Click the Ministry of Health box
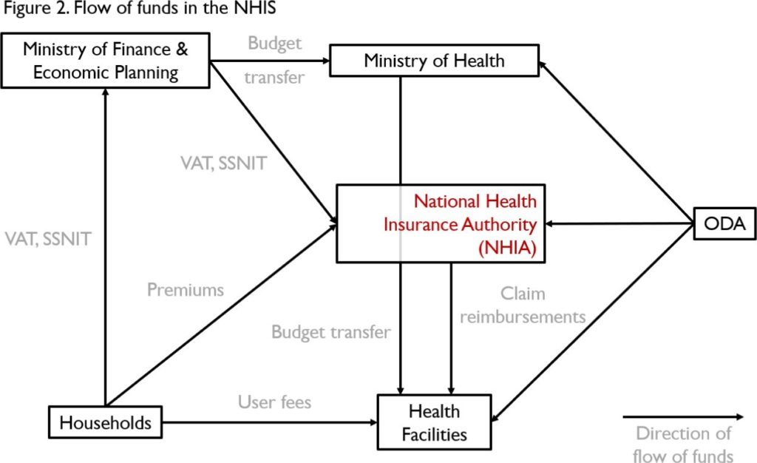coord(434,60)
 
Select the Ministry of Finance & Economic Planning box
coord(106,61)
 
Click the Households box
coord(105,422)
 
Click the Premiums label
coord(185,289)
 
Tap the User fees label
coord(274,402)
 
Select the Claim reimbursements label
coord(522,305)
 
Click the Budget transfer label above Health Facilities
coord(330,332)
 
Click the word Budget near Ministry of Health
coord(274,44)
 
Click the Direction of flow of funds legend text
coord(684,444)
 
